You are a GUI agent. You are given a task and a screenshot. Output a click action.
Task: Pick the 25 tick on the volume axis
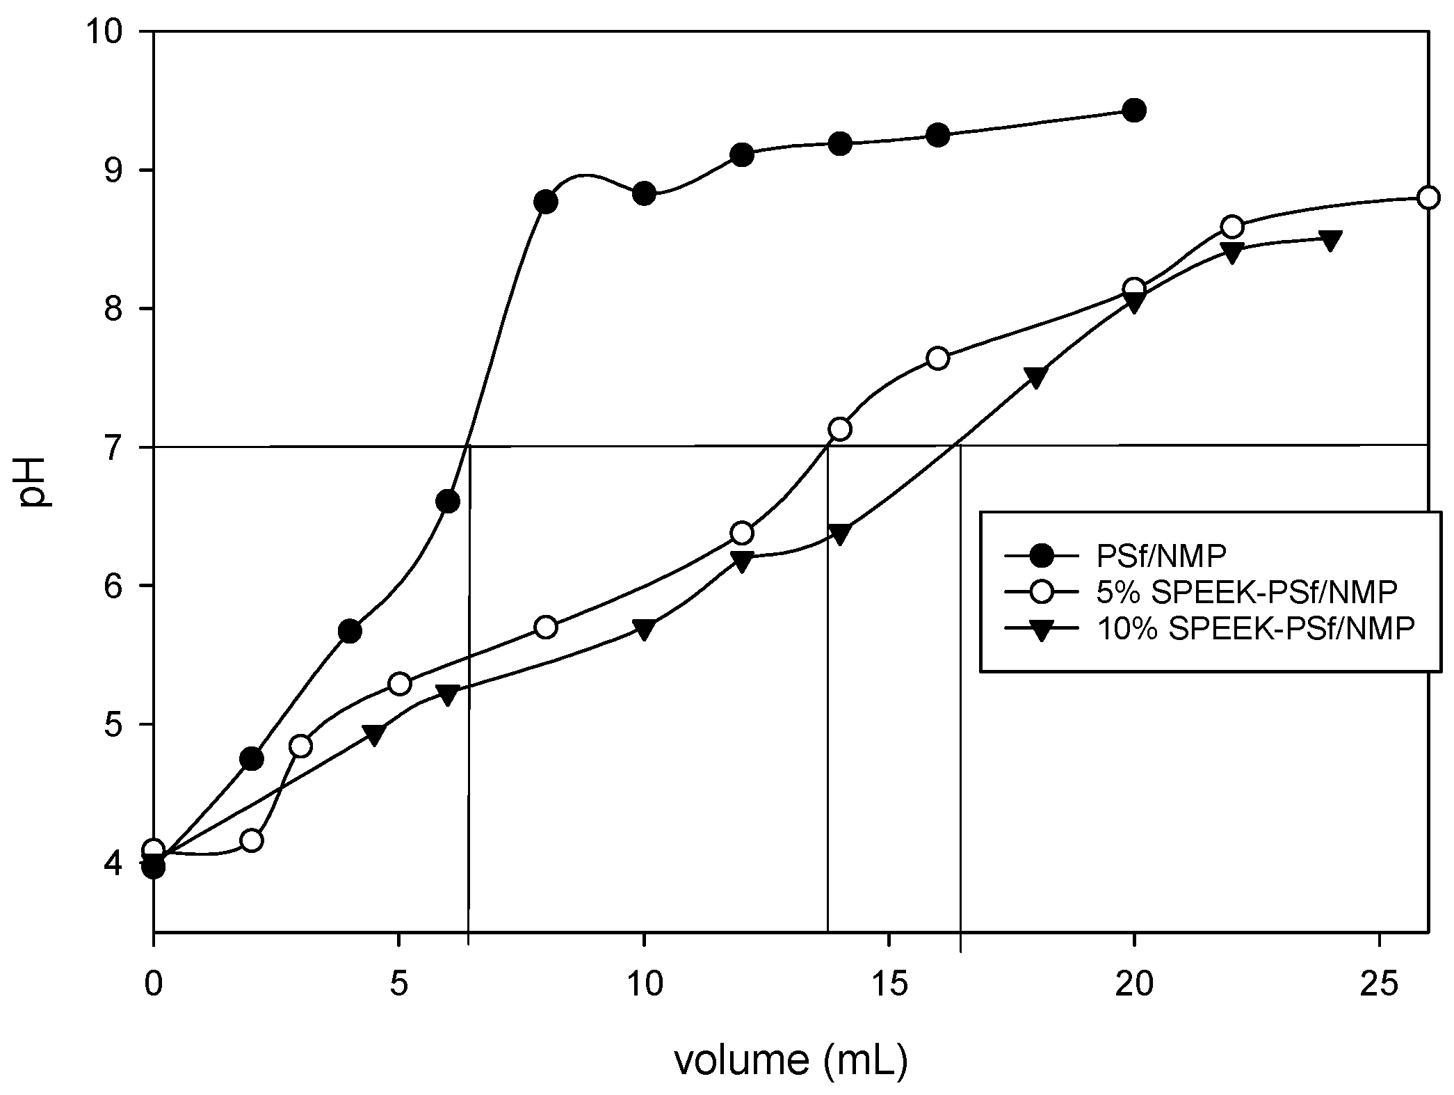[x=1378, y=984]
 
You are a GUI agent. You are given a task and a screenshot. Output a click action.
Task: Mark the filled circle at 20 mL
[x=1134, y=110]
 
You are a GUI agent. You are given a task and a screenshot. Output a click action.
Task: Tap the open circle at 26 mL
[x=1428, y=198]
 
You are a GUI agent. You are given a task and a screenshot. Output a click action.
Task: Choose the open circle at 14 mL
[x=840, y=429]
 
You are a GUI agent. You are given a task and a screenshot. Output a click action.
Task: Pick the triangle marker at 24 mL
[x=1330, y=241]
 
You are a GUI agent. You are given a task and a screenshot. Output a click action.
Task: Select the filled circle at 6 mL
[x=448, y=502]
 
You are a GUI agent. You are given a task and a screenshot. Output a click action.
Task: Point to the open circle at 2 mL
[x=252, y=840]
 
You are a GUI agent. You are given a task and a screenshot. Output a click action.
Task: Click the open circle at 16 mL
[x=938, y=358]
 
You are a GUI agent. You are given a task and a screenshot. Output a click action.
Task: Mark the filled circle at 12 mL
[x=742, y=154]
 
